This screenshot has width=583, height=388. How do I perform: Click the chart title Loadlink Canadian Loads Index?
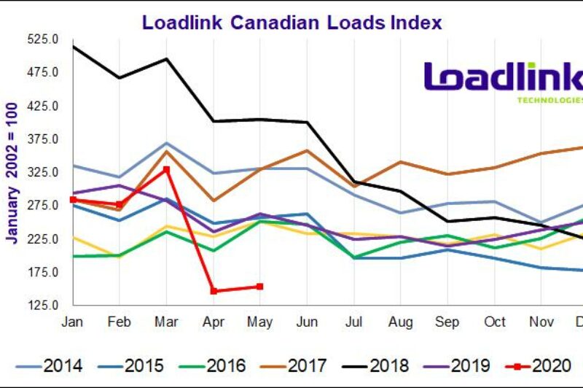point(291,23)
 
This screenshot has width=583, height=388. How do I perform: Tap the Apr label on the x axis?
point(214,322)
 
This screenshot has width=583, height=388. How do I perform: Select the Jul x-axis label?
point(353,322)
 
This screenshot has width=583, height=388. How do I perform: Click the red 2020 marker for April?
point(214,291)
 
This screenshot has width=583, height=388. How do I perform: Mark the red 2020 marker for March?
point(167,169)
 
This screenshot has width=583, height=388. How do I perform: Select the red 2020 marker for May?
point(260,287)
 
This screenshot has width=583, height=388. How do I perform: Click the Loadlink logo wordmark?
point(503,79)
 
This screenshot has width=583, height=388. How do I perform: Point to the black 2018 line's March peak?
point(167,59)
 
